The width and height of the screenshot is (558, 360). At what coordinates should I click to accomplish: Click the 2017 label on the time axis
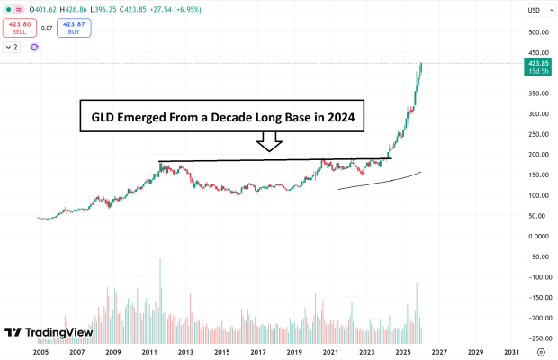click(x=257, y=352)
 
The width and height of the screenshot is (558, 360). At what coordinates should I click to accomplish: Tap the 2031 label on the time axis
click(x=510, y=352)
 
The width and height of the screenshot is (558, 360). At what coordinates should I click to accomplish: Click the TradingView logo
click(x=49, y=332)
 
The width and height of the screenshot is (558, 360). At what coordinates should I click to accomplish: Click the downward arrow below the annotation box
click(x=269, y=142)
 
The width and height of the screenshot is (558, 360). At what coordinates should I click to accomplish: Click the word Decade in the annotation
click(x=229, y=117)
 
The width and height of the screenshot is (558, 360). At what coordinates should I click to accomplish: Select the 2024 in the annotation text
click(x=351, y=117)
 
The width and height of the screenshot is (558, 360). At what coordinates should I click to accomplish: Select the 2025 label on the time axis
click(x=402, y=352)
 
